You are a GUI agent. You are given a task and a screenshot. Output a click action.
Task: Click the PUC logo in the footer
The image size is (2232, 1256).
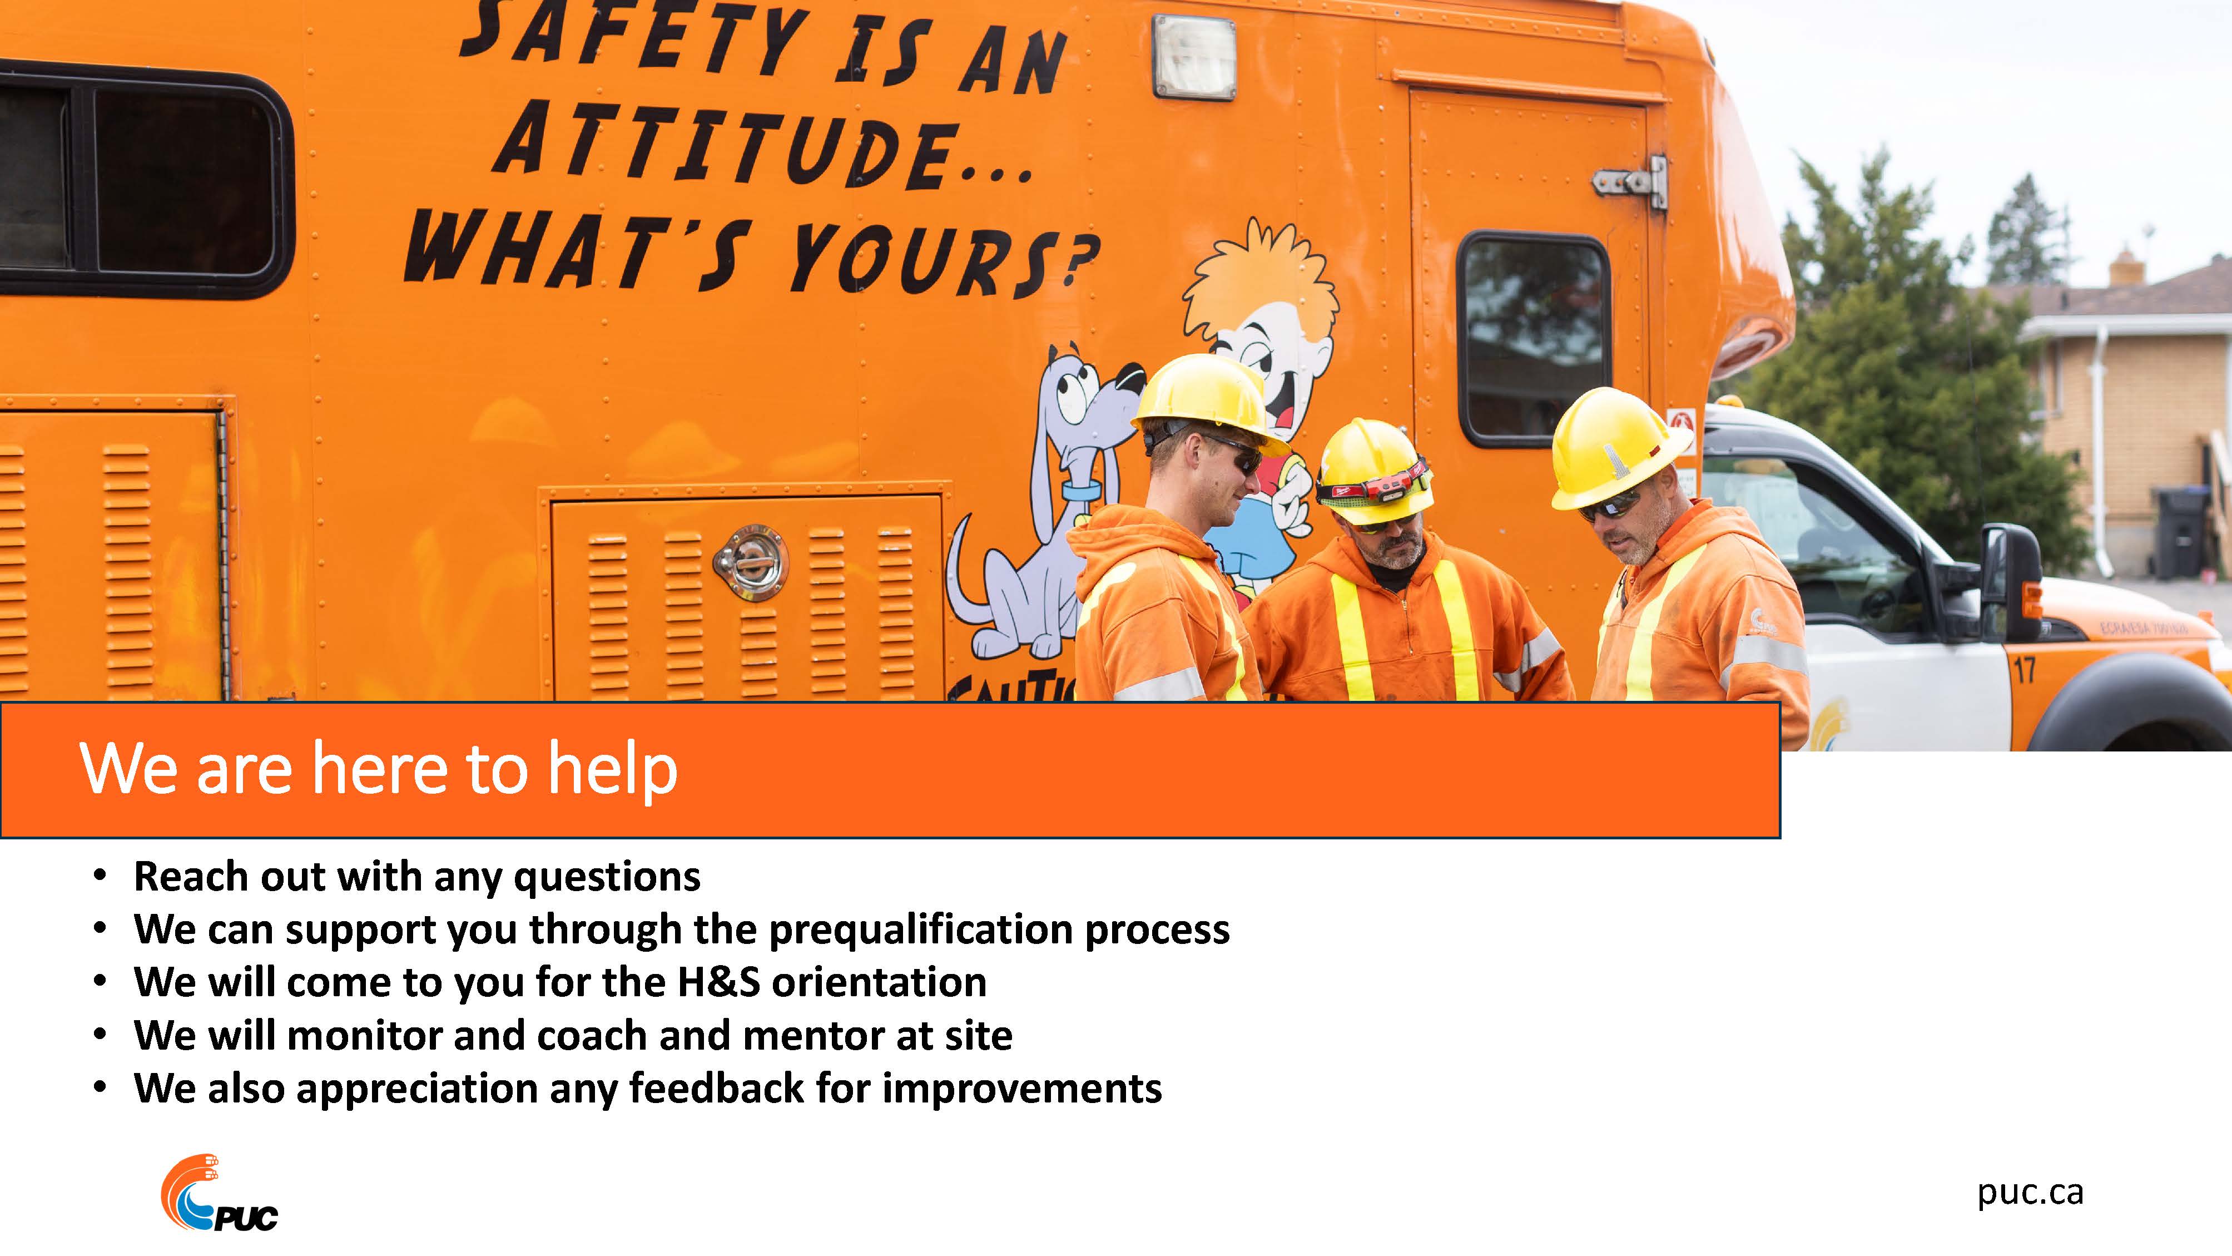click(x=219, y=1194)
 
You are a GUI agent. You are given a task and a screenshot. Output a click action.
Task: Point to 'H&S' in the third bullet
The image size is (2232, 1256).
click(x=718, y=982)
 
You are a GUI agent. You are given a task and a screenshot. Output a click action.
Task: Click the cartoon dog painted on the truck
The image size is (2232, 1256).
click(x=1040, y=503)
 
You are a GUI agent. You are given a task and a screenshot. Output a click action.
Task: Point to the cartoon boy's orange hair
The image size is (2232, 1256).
click(x=1256, y=278)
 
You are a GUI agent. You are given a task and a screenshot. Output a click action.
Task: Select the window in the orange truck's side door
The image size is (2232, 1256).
click(x=1534, y=338)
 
